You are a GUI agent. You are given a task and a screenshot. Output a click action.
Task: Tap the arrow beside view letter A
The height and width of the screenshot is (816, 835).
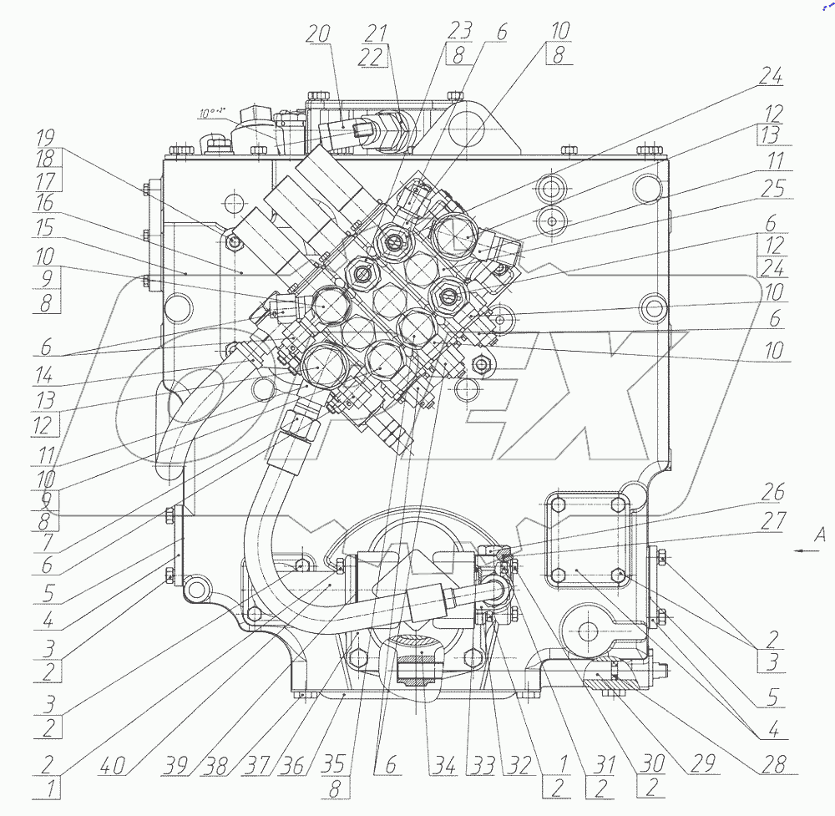pos(800,551)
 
